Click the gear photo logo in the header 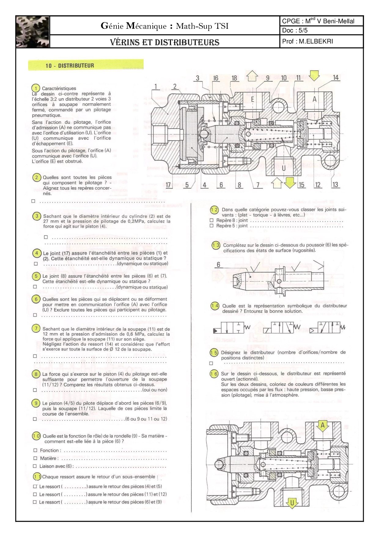tap(32, 32)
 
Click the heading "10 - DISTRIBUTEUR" tap(70, 66)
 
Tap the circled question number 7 tap(36, 329)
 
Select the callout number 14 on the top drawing tap(336, 78)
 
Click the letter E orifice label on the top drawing tap(252, 99)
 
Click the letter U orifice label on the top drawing tap(284, 168)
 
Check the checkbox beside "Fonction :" tap(35, 450)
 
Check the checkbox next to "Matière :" tap(35, 458)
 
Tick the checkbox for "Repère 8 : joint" tap(212, 220)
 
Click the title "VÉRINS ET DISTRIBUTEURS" tap(165, 42)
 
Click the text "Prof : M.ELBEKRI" tap(307, 41)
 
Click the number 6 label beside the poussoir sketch tap(218, 265)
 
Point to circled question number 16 tap(214, 374)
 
